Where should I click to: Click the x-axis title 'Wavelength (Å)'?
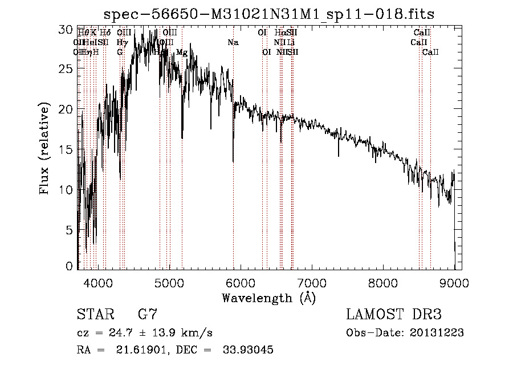[x=268, y=298]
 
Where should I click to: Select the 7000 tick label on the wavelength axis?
[x=312, y=282]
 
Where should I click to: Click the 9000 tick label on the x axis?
[x=454, y=282]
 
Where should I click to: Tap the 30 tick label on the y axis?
[x=66, y=28]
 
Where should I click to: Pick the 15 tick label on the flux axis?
[x=66, y=149]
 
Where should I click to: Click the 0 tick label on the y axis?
[x=70, y=265]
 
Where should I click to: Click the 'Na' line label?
[x=233, y=43]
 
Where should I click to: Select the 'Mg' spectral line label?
[x=182, y=52]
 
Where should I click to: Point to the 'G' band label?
[x=120, y=52]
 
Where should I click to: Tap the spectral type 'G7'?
[x=148, y=315]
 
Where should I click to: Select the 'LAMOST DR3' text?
[x=394, y=315]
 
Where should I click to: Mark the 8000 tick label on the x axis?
[x=383, y=282]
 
